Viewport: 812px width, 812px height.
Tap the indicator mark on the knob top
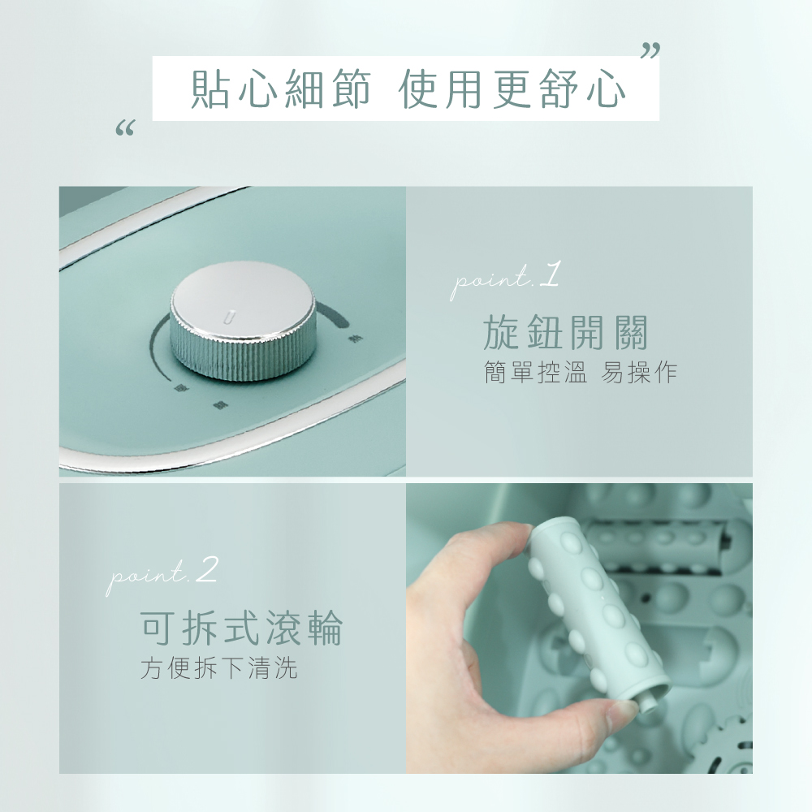230,315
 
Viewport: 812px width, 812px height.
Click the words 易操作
638,374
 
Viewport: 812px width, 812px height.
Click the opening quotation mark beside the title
125,128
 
